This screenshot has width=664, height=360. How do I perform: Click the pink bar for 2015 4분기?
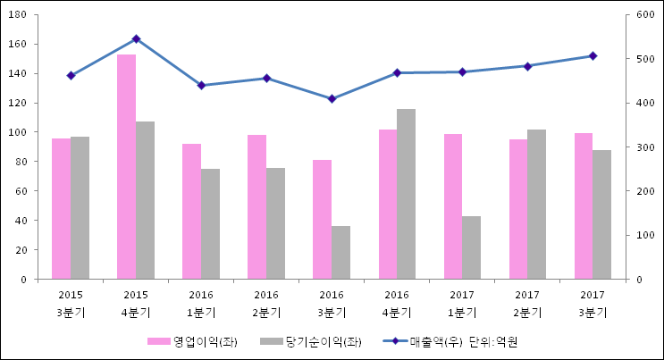point(126,167)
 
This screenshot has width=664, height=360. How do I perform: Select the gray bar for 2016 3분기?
point(340,253)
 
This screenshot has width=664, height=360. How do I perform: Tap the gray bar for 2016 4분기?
point(406,194)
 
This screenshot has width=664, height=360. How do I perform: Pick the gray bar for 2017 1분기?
point(471,247)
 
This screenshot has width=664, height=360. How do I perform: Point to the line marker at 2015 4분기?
point(136,39)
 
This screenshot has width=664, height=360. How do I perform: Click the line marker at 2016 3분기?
point(332,98)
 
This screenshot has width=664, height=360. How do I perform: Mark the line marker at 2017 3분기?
point(593,56)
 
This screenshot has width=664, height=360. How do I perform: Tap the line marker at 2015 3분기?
point(71,76)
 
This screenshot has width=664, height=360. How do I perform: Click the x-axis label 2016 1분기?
point(201,303)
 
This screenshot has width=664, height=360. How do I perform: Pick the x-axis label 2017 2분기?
point(527,303)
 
